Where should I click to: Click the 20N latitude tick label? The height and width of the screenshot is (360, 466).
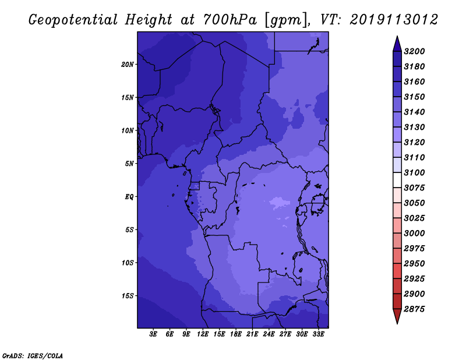pyautogui.click(x=128, y=65)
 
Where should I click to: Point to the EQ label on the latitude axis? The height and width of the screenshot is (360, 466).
pyautogui.click(x=129, y=197)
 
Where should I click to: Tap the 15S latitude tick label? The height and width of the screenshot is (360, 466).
pyautogui.click(x=128, y=296)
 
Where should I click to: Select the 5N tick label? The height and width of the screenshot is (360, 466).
pyautogui.click(x=129, y=164)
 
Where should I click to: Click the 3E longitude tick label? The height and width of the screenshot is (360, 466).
pyautogui.click(x=153, y=334)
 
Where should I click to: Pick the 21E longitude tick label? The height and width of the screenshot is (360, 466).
pyautogui.click(x=252, y=334)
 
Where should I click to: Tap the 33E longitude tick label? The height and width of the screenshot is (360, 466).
pyautogui.click(x=318, y=334)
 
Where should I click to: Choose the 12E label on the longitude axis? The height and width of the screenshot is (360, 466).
pyautogui.click(x=202, y=334)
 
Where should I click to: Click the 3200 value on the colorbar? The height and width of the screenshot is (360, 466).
pyautogui.click(x=414, y=51)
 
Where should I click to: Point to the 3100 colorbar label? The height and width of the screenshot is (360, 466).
pyautogui.click(x=414, y=172)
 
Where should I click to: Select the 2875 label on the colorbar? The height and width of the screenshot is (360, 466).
pyautogui.click(x=414, y=309)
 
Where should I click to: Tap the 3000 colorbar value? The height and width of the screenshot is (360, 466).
pyautogui.click(x=414, y=234)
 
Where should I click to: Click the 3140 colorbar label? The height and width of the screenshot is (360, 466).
pyautogui.click(x=414, y=112)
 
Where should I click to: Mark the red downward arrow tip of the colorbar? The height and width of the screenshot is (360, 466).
pyautogui.click(x=397, y=324)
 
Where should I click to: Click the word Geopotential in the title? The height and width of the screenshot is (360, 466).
pyautogui.click(x=73, y=20)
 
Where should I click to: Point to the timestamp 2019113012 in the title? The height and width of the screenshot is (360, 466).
pyautogui.click(x=394, y=19)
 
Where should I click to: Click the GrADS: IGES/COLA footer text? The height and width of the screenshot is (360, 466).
pyautogui.click(x=33, y=356)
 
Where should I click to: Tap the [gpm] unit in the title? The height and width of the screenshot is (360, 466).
pyautogui.click(x=287, y=20)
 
